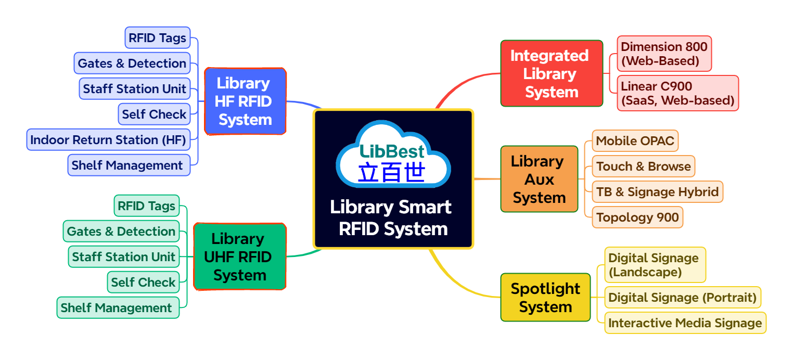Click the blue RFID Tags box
tap(157, 38)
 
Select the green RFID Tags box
tap(146, 205)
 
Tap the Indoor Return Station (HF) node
tap(108, 139)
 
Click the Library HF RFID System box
tap(245, 101)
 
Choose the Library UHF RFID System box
tap(239, 256)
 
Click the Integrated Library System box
tap(551, 74)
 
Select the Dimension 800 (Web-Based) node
tap(663, 54)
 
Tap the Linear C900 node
tap(677, 93)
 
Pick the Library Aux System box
tap(539, 179)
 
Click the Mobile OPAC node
tap(635, 140)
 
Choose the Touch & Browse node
tap(643, 166)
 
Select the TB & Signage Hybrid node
tap(657, 191)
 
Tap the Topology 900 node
tap(637, 217)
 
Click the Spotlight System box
tap(545, 297)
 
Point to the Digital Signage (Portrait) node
tap(682, 297)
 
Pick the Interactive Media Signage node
tap(685, 323)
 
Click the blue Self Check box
tap(154, 114)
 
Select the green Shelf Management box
tap(117, 307)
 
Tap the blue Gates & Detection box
tap(132, 63)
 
